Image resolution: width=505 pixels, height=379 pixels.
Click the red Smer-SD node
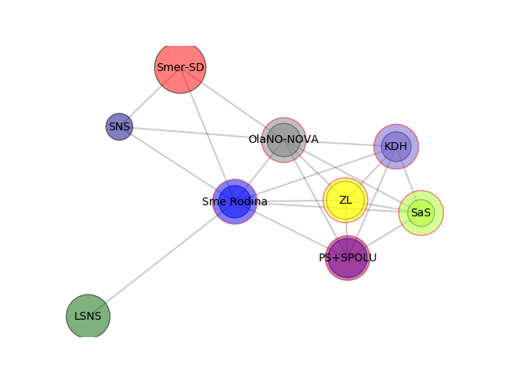(x=180, y=68)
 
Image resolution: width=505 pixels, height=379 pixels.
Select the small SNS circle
(x=119, y=126)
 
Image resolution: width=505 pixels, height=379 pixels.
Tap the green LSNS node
(x=88, y=316)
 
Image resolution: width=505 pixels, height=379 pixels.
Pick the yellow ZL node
(x=346, y=200)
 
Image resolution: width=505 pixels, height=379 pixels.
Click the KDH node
(x=396, y=146)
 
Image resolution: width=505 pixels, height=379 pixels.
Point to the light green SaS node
(x=421, y=213)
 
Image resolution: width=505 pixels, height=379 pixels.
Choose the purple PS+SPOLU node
(x=347, y=258)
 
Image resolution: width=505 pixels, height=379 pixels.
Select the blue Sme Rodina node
(x=235, y=202)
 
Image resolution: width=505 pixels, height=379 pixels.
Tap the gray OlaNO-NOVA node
(x=284, y=140)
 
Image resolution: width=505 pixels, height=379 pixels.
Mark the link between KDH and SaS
(x=409, y=179)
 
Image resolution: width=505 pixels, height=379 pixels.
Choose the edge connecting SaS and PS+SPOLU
(x=384, y=235)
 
